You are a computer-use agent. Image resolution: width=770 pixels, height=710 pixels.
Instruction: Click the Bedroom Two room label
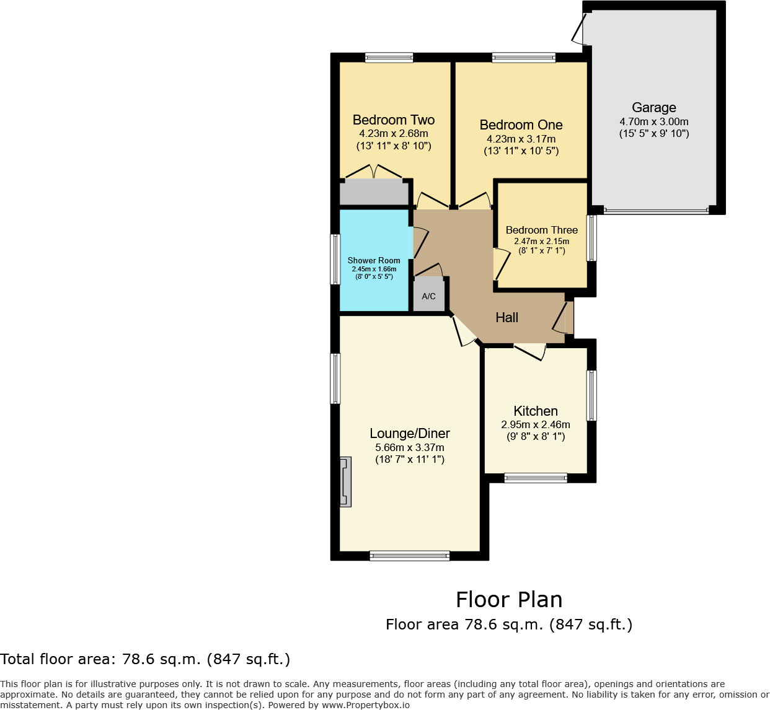[x=394, y=120]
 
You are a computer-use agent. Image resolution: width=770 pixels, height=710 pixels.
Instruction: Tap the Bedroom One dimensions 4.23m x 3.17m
[x=521, y=139]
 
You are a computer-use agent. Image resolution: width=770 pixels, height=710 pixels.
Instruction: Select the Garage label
[x=654, y=108]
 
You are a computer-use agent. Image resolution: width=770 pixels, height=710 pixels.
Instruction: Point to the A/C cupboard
[x=428, y=296]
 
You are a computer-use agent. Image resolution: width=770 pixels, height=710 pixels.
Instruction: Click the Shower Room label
[x=374, y=261]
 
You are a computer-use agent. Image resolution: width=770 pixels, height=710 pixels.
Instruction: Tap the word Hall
[x=507, y=318]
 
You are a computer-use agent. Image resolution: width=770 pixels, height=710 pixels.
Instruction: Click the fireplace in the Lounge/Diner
[x=345, y=482]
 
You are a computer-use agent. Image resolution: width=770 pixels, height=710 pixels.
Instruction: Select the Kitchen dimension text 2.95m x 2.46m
[x=536, y=425]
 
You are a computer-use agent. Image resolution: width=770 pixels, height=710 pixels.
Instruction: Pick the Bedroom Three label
[x=542, y=230]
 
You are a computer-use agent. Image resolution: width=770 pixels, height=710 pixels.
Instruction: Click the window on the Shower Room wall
[x=335, y=259]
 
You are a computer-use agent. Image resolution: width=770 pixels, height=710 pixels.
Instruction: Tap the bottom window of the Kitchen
[x=536, y=478]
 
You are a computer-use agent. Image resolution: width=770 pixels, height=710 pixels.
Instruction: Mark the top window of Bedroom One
[x=524, y=58]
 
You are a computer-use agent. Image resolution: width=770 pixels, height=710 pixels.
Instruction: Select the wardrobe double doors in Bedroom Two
[x=374, y=172]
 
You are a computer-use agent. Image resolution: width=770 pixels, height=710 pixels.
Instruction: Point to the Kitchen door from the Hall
[x=530, y=351]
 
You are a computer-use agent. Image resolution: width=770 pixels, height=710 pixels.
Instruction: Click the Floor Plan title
[x=509, y=600]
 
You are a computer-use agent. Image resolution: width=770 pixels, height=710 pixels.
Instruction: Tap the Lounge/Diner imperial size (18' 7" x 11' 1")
[x=410, y=460]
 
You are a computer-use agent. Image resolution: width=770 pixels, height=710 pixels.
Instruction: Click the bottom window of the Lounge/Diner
[x=410, y=556]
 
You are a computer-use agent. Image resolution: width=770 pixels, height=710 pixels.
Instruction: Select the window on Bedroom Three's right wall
[x=592, y=238]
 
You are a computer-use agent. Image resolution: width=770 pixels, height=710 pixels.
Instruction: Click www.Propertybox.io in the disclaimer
[x=365, y=705]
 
